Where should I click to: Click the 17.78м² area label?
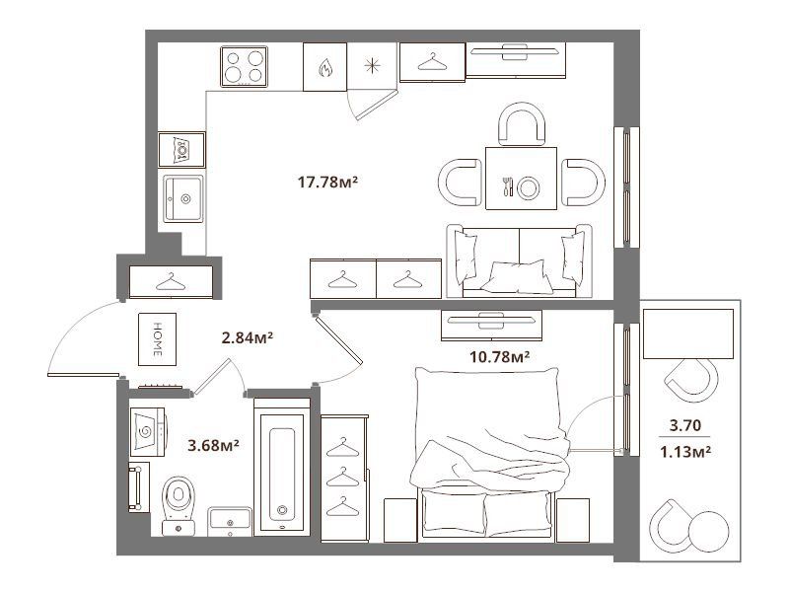tap(327, 182)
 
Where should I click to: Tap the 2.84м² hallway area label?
tap(248, 337)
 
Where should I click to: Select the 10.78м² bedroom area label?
tap(499, 357)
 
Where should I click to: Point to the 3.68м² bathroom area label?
tap(213, 446)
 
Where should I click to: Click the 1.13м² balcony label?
tap(684, 452)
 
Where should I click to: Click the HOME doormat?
tap(158, 339)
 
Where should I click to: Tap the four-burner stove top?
tap(244, 66)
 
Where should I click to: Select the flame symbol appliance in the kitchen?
tap(324, 67)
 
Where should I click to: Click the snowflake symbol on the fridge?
tap(372, 66)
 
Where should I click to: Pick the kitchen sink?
tap(183, 199)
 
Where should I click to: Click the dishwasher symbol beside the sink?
tap(181, 150)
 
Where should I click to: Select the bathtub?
tap(281, 467)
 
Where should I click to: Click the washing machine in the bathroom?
tap(148, 432)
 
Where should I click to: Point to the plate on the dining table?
tap(529, 187)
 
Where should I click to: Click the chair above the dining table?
tap(522, 124)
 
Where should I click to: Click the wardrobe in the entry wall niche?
tap(171, 282)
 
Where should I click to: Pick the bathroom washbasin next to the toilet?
tap(230, 522)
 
